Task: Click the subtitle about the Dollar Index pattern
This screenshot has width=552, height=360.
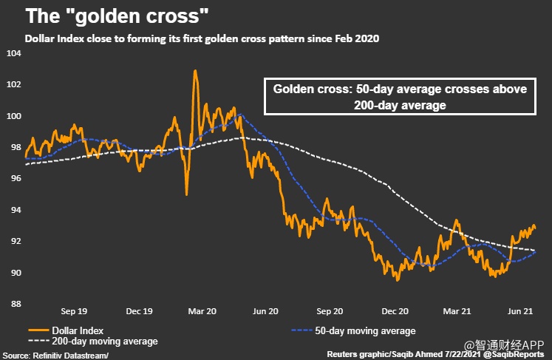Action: (201, 38)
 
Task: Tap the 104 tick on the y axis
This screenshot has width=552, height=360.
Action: (13, 53)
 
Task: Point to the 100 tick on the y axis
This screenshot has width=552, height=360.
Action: (13, 116)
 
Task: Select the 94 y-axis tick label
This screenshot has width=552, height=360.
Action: (13, 210)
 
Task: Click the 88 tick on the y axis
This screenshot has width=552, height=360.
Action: (13, 304)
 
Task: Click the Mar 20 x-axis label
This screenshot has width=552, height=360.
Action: (202, 311)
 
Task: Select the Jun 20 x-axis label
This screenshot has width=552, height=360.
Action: (266, 311)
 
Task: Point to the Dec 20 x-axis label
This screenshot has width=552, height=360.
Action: (396, 311)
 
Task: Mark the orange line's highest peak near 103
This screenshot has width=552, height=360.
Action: (194, 71)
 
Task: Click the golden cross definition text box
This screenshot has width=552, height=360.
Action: (400, 97)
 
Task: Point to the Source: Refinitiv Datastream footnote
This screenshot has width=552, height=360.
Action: (55, 355)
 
